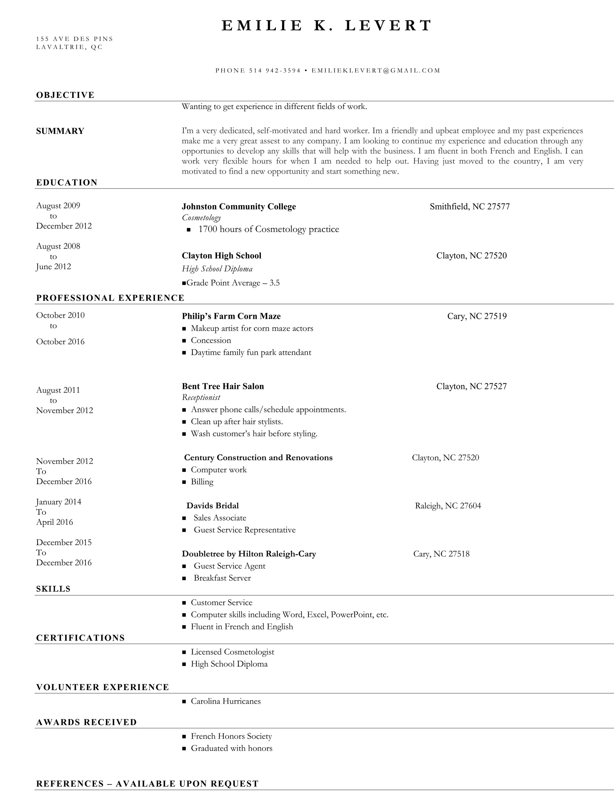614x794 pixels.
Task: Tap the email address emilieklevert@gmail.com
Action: pyautogui.click(x=376, y=70)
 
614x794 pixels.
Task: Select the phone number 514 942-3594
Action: pyautogui.click(x=275, y=70)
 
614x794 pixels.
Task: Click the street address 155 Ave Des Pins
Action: pyautogui.click(x=75, y=39)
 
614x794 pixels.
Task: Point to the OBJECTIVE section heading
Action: pyautogui.click(x=65, y=95)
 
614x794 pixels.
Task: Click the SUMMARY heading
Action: pyautogui.click(x=60, y=131)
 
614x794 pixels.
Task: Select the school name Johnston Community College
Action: pyautogui.click(x=239, y=206)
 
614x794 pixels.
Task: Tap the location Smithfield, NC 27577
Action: pyautogui.click(x=469, y=206)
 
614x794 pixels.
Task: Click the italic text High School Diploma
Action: pyautogui.click(x=217, y=269)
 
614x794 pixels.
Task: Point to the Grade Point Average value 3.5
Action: pyautogui.click(x=275, y=283)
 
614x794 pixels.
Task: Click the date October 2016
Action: pyautogui.click(x=60, y=342)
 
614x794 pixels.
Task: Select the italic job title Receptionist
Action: pyautogui.click(x=201, y=397)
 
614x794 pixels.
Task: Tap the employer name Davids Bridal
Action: pyautogui.click(x=213, y=506)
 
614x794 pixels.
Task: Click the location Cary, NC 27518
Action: pyautogui.click(x=441, y=554)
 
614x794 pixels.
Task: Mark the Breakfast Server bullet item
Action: pyautogui.click(x=222, y=578)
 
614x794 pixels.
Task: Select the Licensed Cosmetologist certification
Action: pyautogui.click(x=232, y=652)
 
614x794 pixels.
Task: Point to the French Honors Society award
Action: pyautogui.click(x=231, y=736)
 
